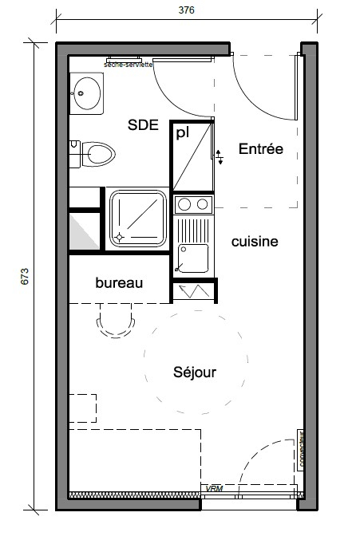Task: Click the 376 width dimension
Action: [186, 10]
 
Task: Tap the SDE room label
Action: [144, 124]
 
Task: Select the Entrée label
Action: [261, 150]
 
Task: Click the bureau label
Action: [119, 283]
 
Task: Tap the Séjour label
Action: [195, 372]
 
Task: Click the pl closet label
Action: [182, 132]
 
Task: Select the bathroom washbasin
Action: [86, 93]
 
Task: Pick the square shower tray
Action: [138, 219]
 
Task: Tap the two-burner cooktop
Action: [192, 204]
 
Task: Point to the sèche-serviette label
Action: [129, 63]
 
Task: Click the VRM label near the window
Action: [213, 488]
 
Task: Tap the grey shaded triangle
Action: [84, 231]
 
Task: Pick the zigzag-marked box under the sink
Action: [193, 292]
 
